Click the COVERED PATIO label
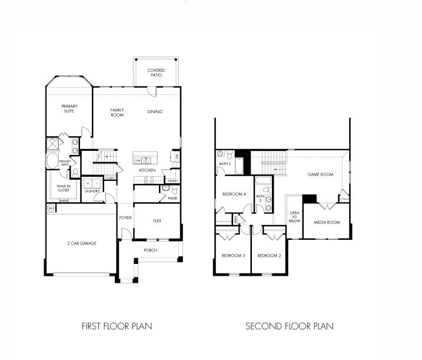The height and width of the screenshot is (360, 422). click(x=155, y=72)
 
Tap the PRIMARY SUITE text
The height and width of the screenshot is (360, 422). click(x=69, y=109)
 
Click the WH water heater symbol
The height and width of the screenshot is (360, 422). click(x=51, y=209)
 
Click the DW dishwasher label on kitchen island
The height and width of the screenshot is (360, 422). click(x=138, y=160)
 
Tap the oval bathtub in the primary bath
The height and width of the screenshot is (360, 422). click(x=52, y=161)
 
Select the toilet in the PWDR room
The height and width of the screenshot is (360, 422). click(x=166, y=189)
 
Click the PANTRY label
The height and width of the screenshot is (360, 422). click(x=172, y=181)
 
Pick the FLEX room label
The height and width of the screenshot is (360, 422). click(x=157, y=222)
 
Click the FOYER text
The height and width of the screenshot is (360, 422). click(x=125, y=217)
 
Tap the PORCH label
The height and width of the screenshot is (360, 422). click(x=150, y=250)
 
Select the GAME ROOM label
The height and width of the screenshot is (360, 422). click(x=320, y=174)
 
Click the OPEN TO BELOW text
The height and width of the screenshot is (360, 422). click(x=294, y=217)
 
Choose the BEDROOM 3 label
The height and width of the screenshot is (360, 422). click(x=232, y=255)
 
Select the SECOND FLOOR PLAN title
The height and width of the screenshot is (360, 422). click(x=289, y=326)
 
